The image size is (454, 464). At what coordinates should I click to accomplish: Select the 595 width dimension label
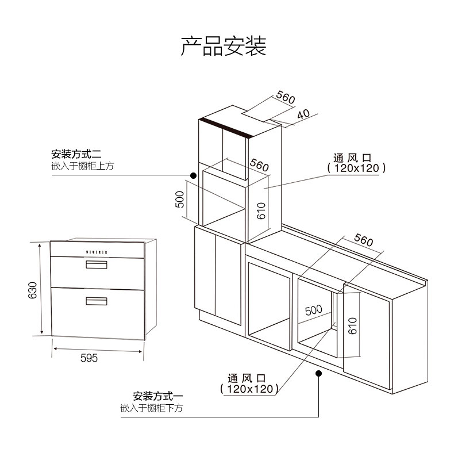[x=89, y=358]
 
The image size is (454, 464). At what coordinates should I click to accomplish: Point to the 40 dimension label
[x=303, y=113]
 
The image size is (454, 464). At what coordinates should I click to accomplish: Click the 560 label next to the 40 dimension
[x=285, y=97]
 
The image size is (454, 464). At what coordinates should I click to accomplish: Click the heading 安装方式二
[x=76, y=155]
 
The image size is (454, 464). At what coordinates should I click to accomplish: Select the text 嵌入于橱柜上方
[x=83, y=167]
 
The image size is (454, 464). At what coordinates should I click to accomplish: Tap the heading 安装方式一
[x=157, y=396]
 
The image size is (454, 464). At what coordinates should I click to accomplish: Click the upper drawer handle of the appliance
[x=97, y=264]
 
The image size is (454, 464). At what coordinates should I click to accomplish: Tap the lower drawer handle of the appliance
[x=97, y=300]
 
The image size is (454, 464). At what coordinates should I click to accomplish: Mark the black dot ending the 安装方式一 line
[x=319, y=374]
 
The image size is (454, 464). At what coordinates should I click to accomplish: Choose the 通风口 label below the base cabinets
[x=247, y=379]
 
